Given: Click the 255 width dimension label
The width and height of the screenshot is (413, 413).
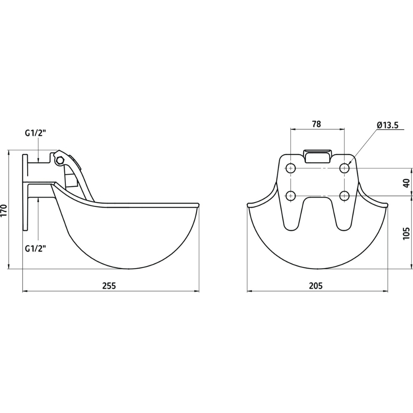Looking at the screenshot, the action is (x=109, y=286).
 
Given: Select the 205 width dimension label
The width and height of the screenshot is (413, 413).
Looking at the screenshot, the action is (x=315, y=286).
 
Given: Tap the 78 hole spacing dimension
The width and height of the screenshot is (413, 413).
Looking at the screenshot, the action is (x=316, y=124).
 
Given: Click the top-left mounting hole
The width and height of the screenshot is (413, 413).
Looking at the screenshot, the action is (x=291, y=168).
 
